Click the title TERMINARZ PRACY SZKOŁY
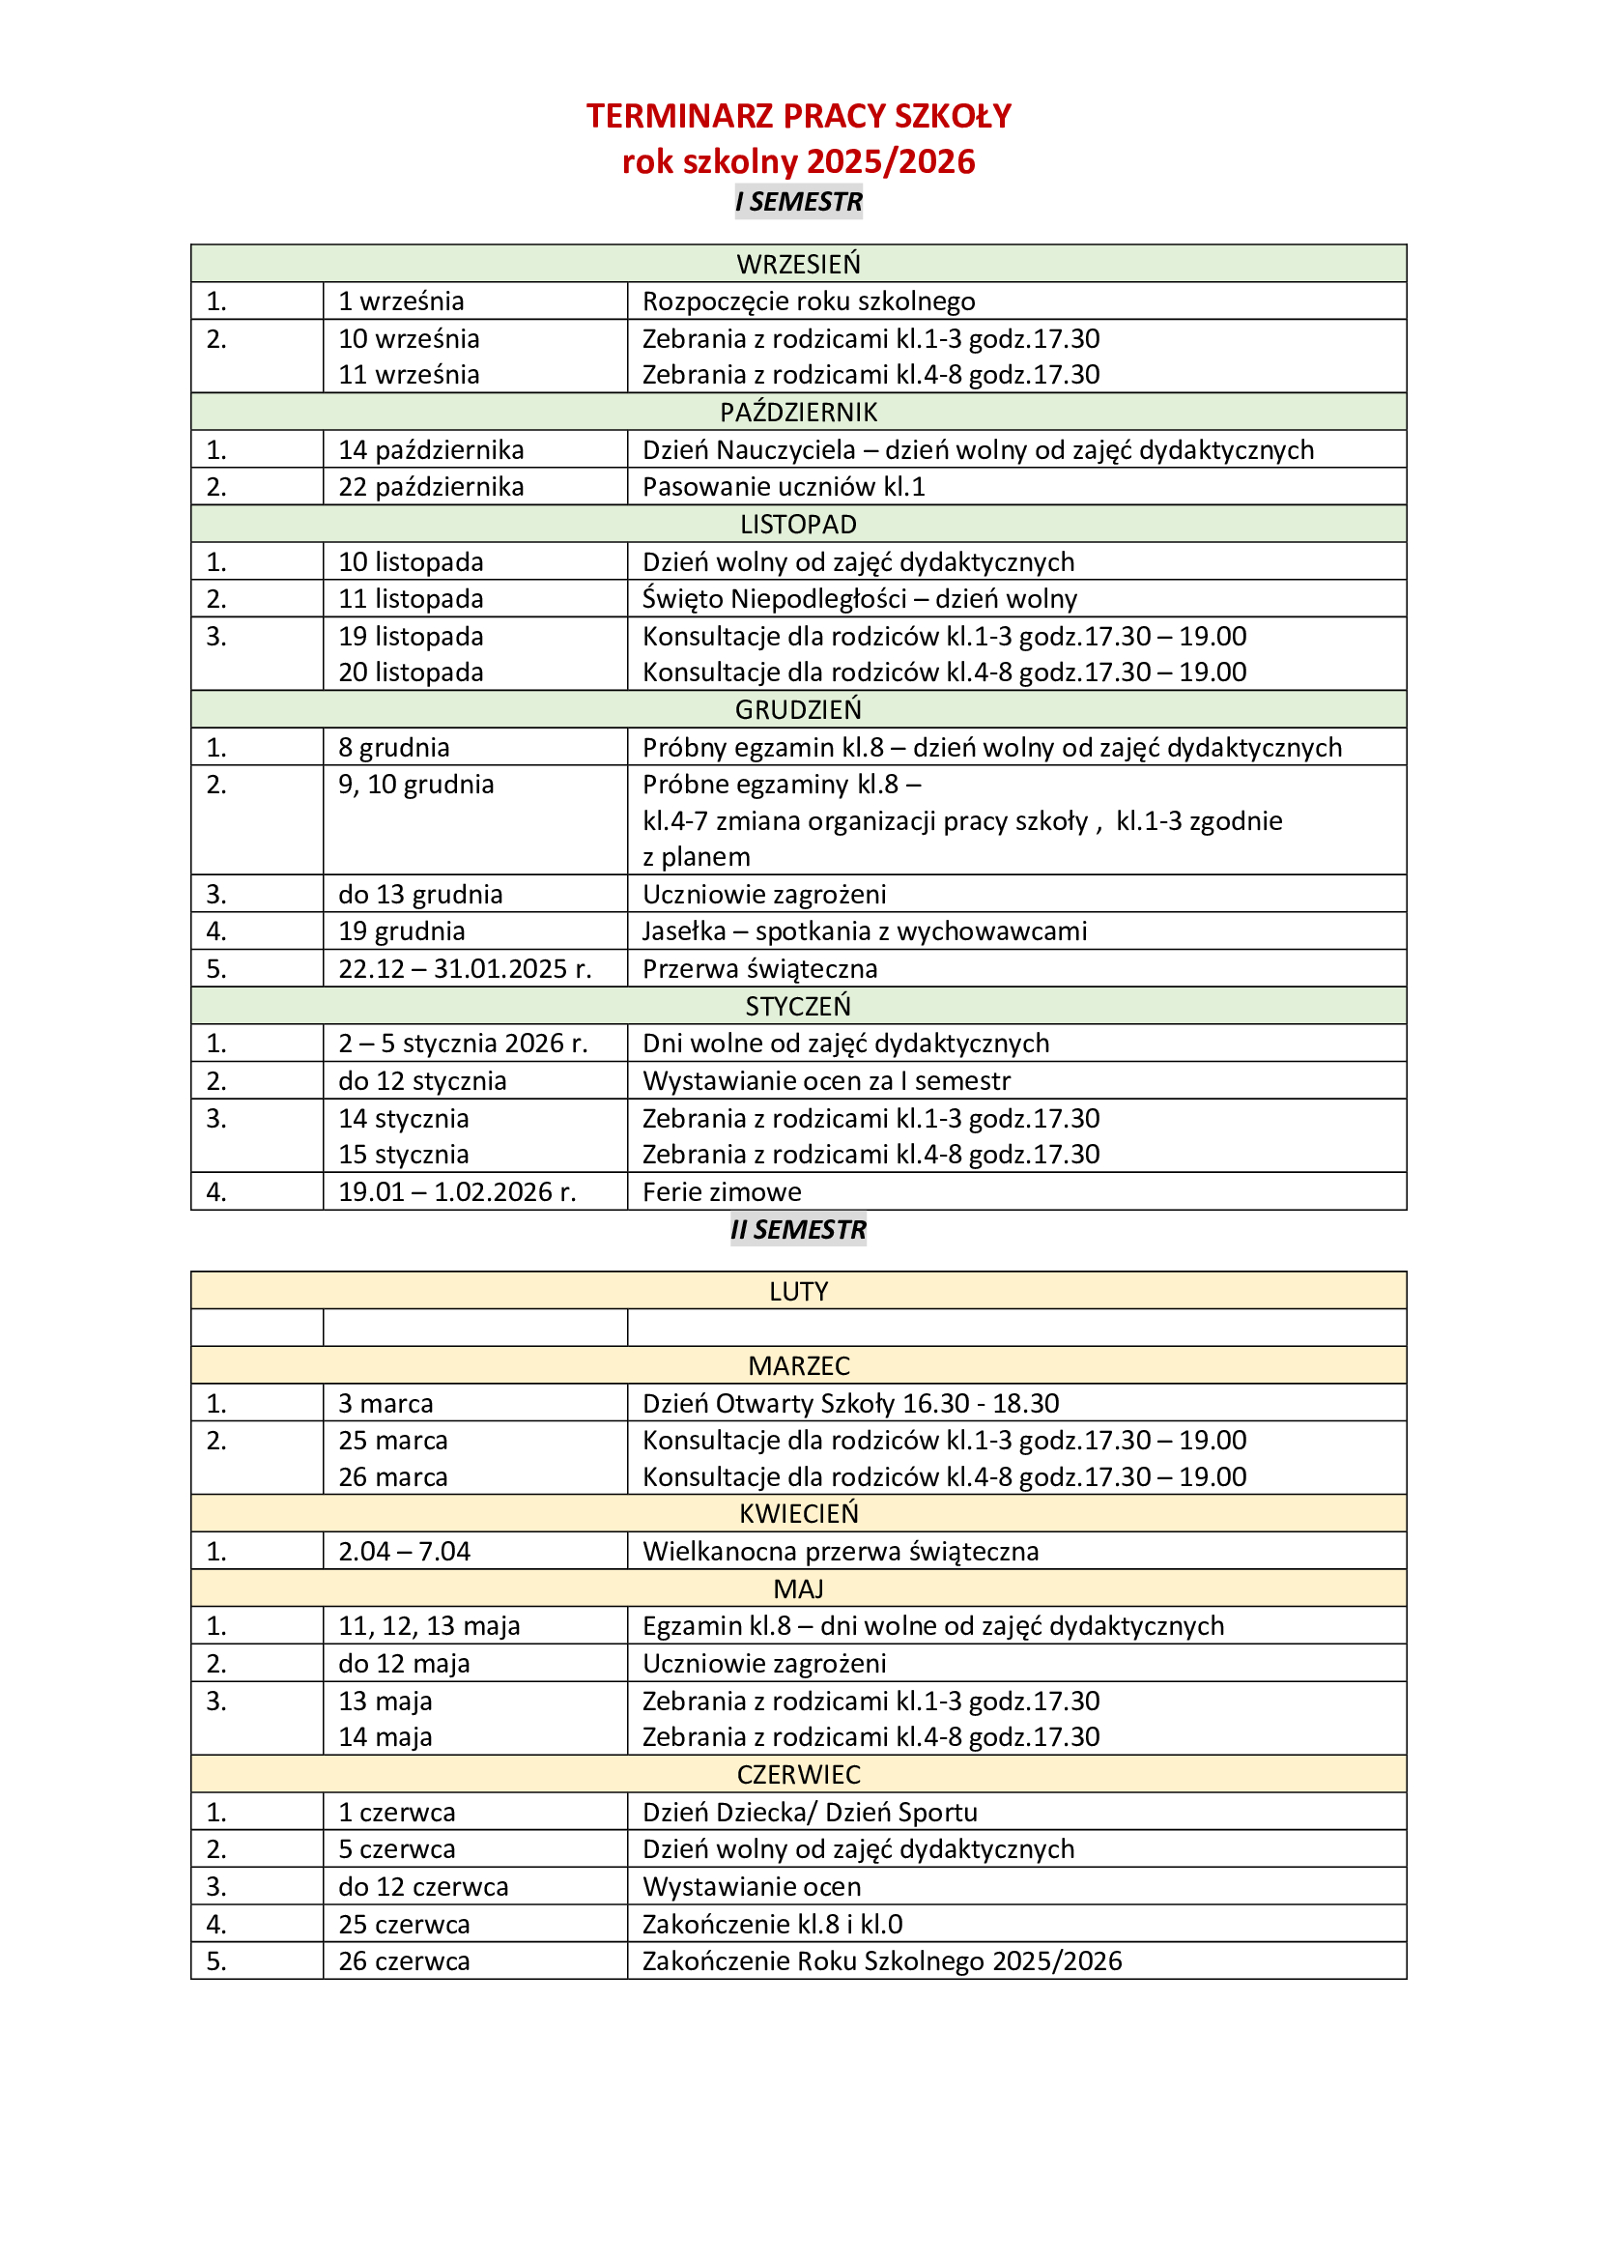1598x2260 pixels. [798, 116]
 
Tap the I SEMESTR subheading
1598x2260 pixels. [798, 202]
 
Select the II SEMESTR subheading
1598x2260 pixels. [798, 1229]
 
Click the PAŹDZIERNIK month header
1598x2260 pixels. [798, 413]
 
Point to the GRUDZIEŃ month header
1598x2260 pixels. [798, 710]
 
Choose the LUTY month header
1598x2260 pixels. [798, 1292]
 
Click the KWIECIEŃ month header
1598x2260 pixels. [798, 1513]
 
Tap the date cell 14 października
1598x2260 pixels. [431, 450]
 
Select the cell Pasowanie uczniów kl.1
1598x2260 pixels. [784, 487]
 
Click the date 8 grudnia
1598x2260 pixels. [393, 747]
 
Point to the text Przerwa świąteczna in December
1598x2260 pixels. [759, 968]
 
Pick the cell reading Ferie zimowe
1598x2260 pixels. [722, 1192]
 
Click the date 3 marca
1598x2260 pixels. [385, 1404]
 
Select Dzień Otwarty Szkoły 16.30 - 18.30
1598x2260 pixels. [850, 1404]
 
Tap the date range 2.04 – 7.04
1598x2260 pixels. [405, 1552]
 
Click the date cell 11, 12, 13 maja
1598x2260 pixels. [429, 1626]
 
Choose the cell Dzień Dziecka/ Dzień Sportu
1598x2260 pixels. [810, 1812]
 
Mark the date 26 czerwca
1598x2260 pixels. [404, 1960]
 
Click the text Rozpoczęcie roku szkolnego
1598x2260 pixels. [809, 301]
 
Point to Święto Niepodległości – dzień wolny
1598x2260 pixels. [859, 598]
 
